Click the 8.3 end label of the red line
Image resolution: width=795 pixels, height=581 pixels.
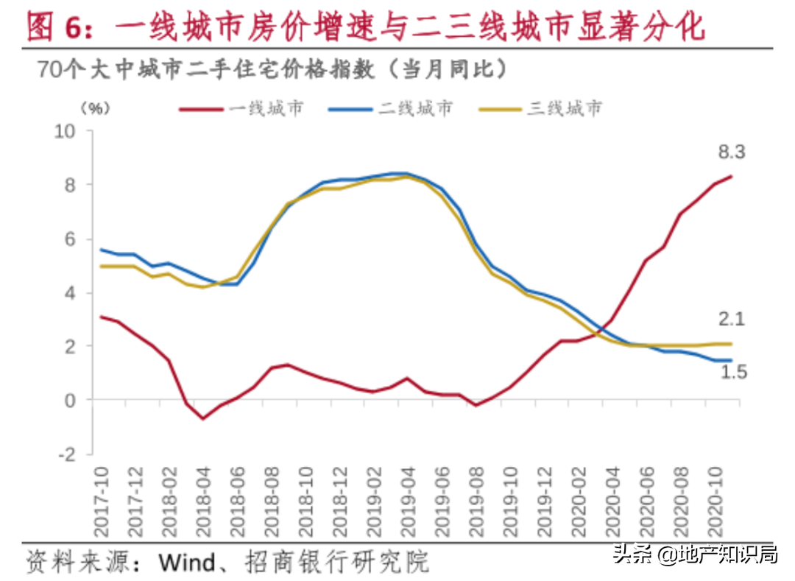click(x=732, y=152)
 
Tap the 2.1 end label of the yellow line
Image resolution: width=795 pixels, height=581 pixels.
click(x=732, y=320)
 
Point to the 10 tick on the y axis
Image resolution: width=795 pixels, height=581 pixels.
click(x=66, y=131)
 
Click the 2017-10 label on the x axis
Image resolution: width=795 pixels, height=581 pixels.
click(x=102, y=501)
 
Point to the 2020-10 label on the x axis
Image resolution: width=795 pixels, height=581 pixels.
click(x=713, y=501)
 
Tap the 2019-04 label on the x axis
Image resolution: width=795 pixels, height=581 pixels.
click(x=407, y=501)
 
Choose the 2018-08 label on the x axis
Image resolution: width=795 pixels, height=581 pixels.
click(x=272, y=501)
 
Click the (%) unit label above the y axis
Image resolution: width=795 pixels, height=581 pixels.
click(x=95, y=108)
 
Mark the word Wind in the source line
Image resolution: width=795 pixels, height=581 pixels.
click(x=187, y=562)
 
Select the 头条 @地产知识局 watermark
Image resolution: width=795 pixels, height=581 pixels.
click(x=695, y=554)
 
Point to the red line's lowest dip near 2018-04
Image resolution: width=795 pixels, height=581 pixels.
click(x=203, y=418)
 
